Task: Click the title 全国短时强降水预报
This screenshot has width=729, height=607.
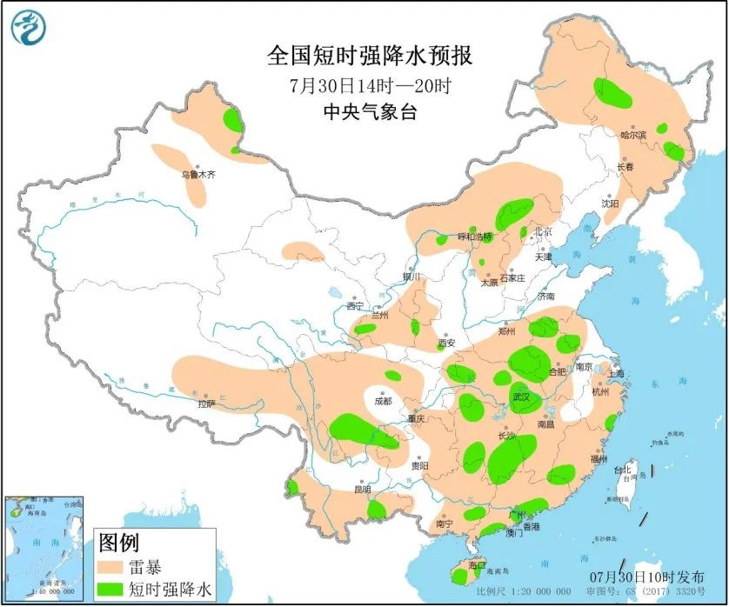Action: (370, 57)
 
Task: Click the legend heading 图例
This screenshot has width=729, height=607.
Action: (118, 544)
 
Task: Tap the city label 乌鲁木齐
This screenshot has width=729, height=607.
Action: (197, 175)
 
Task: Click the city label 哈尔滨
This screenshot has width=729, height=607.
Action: (633, 135)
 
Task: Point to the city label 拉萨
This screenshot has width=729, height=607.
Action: (205, 404)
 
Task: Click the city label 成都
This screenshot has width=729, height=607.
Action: (383, 401)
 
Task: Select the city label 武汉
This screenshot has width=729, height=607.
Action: (522, 397)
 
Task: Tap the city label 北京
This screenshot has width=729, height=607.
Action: (544, 231)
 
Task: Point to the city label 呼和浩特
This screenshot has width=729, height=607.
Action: (475, 237)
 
